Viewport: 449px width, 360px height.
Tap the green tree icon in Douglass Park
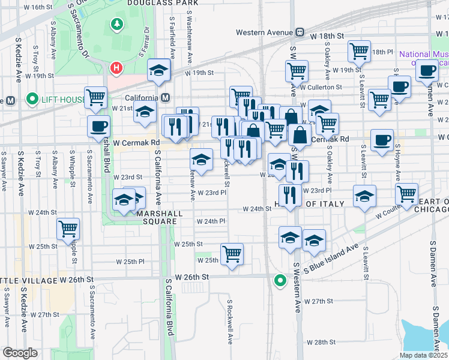pyautogui.click(x=116, y=25)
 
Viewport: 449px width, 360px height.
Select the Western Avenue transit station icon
pyautogui.click(x=298, y=32)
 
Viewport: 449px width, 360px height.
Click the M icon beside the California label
pyautogui.click(x=166, y=98)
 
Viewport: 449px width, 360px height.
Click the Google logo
pyautogui.click(x=20, y=353)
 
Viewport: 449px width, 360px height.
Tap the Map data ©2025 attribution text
pyautogui.click(x=423, y=355)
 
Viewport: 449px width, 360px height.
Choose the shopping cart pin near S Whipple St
pyautogui.click(x=68, y=229)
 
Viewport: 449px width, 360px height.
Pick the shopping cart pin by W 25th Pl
pyautogui.click(x=232, y=254)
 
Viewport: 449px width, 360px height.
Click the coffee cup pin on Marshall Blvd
pyautogui.click(x=99, y=127)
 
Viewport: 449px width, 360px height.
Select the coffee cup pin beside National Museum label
pyautogui.click(x=427, y=70)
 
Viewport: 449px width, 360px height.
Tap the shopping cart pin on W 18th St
pyautogui.click(x=360, y=52)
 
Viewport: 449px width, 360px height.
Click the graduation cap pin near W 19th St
pyautogui.click(x=158, y=71)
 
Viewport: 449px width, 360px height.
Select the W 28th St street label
pyautogui.click(x=321, y=342)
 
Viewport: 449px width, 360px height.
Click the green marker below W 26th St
pyautogui.click(x=279, y=280)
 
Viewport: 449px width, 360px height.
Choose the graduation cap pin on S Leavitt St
pyautogui.click(x=364, y=196)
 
